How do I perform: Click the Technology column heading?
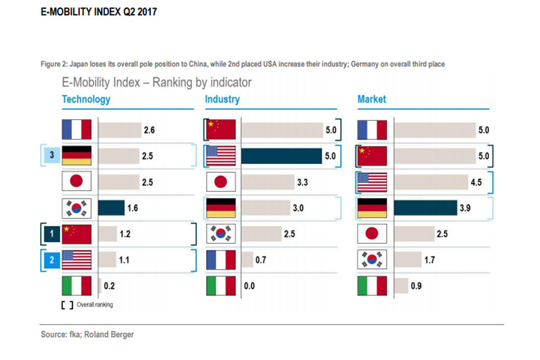[x=86, y=99]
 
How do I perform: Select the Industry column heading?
[x=222, y=99]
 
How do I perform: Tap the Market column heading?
[x=372, y=99]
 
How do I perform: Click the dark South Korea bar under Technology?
[x=111, y=208]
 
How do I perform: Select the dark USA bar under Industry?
[x=281, y=156]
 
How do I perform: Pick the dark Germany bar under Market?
[x=425, y=208]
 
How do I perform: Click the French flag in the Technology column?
[x=77, y=130]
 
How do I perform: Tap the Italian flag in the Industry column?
[x=221, y=286]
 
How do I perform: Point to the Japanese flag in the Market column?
[x=372, y=234]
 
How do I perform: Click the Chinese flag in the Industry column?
[x=221, y=130]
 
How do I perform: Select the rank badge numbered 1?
[x=52, y=234]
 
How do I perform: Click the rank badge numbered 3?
[x=52, y=156]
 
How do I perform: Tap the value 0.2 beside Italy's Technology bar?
[x=109, y=286]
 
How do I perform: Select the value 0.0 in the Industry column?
[x=249, y=286]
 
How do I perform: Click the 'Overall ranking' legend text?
[x=95, y=305]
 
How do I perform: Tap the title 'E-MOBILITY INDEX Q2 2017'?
[x=99, y=11]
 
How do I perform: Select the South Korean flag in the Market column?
[x=372, y=260]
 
